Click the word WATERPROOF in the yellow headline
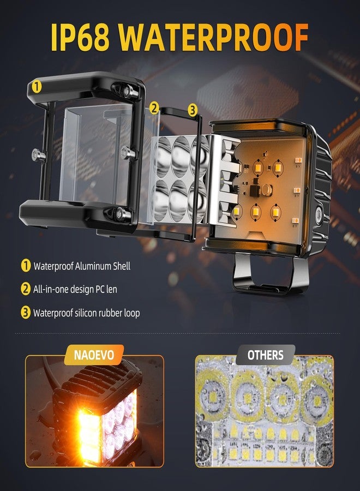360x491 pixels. click(213, 37)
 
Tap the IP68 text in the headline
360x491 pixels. click(80, 37)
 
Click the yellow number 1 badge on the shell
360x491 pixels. click(37, 86)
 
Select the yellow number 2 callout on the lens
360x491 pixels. click(154, 108)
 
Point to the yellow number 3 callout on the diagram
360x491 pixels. click(193, 110)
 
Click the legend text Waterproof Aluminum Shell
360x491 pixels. click(82, 266)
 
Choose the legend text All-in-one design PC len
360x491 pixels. click(75, 289)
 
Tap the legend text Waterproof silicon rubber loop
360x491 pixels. click(86, 313)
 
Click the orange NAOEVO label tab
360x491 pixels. click(94, 355)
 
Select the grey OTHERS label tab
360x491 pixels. click(265, 355)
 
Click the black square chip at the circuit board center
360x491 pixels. click(256, 189)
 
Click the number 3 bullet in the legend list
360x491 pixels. click(25, 313)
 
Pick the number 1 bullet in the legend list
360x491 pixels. click(25, 266)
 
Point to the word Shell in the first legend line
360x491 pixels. click(122, 266)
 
